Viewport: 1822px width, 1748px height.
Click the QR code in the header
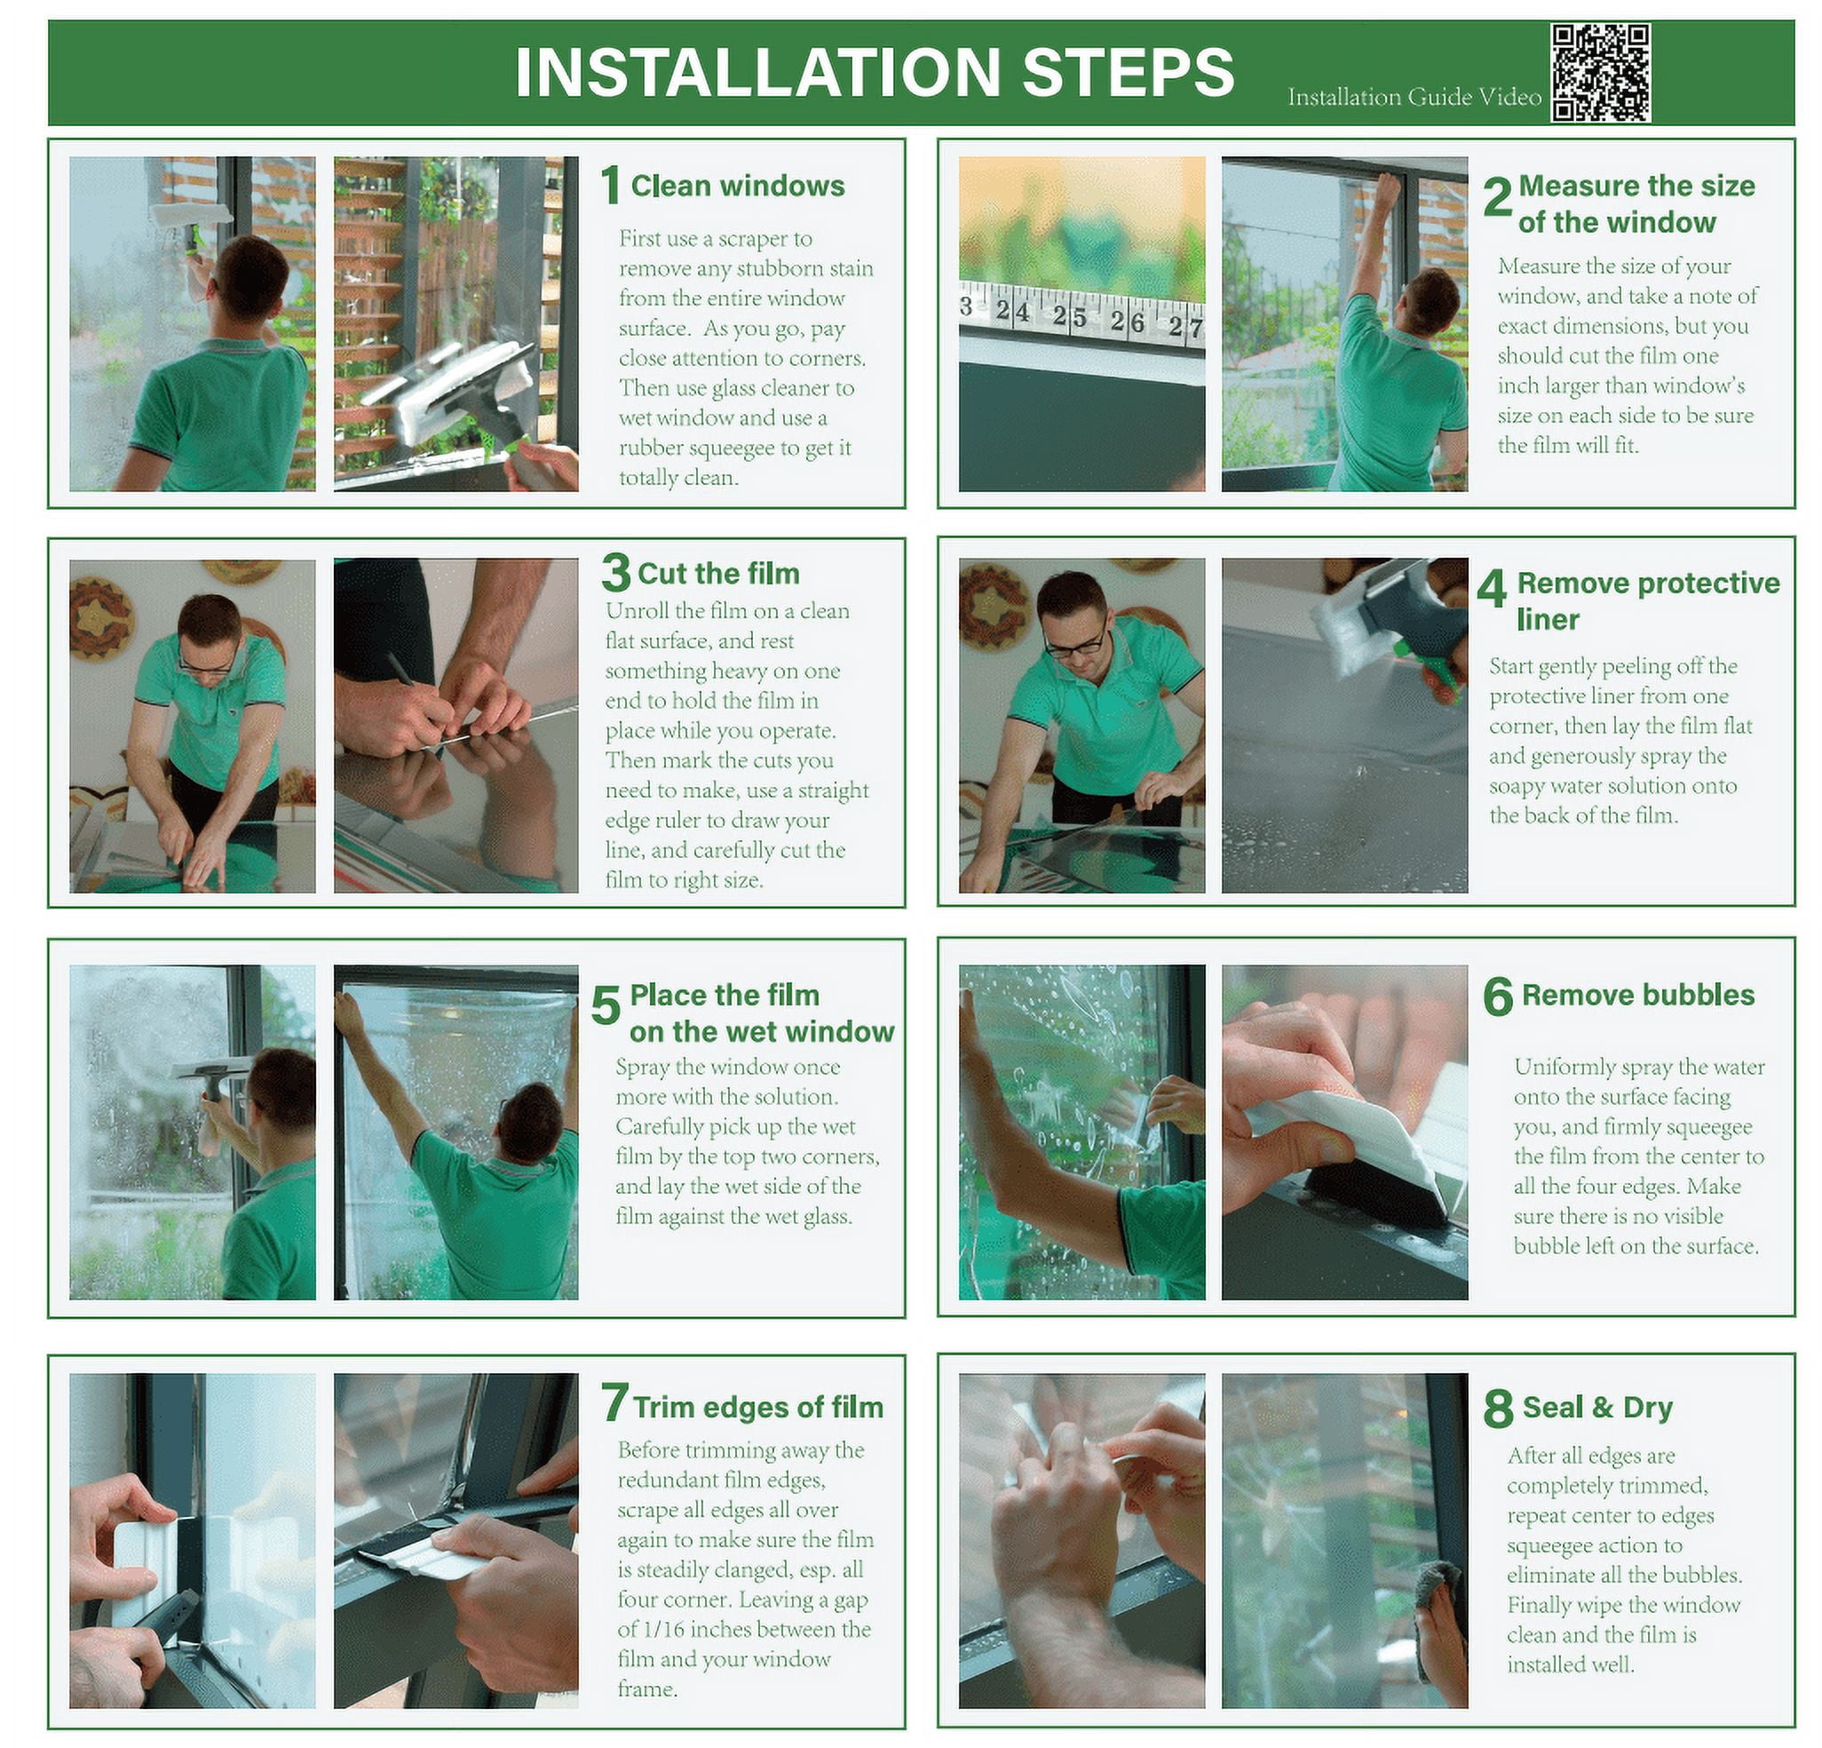click(x=1601, y=73)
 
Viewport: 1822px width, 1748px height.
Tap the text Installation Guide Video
click(x=1414, y=97)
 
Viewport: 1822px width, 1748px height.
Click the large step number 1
click(x=610, y=185)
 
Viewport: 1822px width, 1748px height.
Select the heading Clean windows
click(x=738, y=186)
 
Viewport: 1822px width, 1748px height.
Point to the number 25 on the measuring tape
click(x=1070, y=317)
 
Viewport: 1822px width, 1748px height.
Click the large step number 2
click(x=1497, y=197)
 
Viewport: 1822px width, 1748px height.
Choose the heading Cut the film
click(x=718, y=573)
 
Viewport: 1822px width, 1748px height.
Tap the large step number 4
click(x=1491, y=588)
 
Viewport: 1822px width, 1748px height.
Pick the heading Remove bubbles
click(x=1638, y=995)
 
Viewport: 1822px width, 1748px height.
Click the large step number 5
click(x=606, y=1007)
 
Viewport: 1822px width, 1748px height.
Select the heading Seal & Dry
click(x=1598, y=1408)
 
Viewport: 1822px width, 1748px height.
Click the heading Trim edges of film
click(x=758, y=1408)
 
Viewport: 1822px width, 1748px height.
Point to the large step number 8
click(x=1498, y=1408)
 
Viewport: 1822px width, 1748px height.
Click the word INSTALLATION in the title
click(x=757, y=72)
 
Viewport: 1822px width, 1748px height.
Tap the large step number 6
click(x=1498, y=996)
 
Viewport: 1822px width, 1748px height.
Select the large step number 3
click(x=615, y=573)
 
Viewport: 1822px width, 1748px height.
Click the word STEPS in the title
click(x=1129, y=72)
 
